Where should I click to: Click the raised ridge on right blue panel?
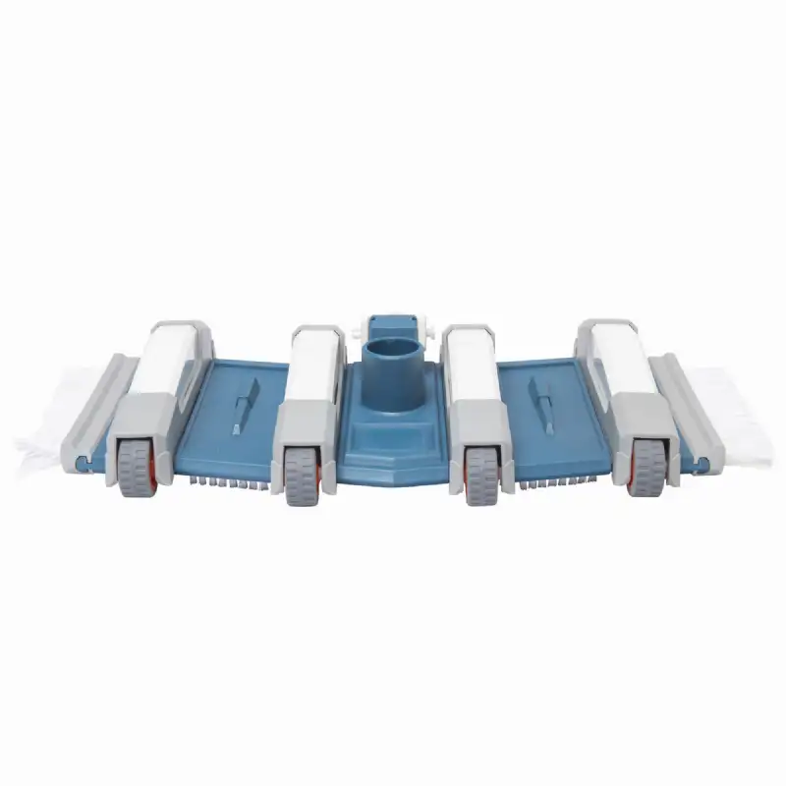pyautogui.click(x=540, y=403)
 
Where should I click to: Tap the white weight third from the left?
pyautogui.click(x=475, y=368)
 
